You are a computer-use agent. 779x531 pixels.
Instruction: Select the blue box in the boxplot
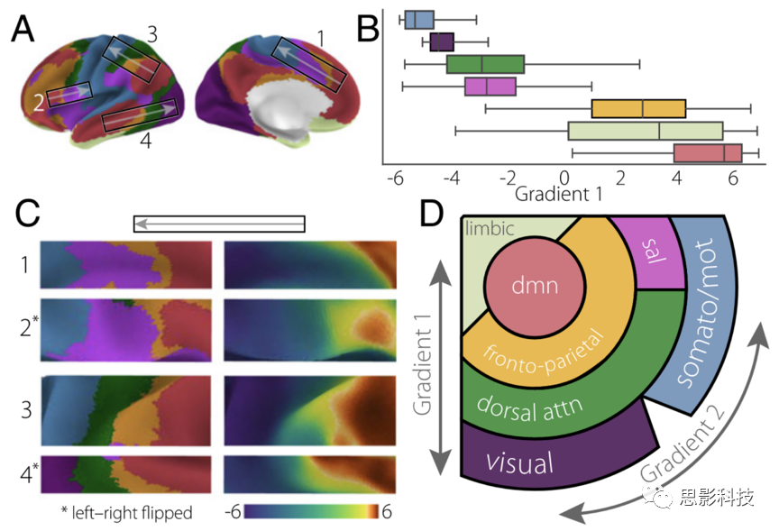click(419, 19)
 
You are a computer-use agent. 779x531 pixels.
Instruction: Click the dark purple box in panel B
click(442, 41)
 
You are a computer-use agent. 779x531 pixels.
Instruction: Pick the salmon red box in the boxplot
click(708, 153)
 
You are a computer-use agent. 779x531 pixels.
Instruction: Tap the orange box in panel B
click(638, 109)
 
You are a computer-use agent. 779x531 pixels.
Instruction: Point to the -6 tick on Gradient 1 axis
click(396, 179)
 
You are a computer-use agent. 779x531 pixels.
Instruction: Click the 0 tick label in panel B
click(564, 179)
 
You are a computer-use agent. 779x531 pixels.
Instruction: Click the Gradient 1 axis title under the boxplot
click(558, 194)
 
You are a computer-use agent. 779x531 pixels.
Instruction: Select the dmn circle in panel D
click(535, 287)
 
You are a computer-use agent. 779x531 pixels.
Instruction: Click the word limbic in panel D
click(490, 228)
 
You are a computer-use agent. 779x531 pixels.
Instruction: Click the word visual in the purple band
click(519, 462)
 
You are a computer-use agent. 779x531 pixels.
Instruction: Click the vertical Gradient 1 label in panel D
click(423, 364)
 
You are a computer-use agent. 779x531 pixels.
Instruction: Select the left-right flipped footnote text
click(127, 512)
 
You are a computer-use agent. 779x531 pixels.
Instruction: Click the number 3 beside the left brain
click(152, 34)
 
